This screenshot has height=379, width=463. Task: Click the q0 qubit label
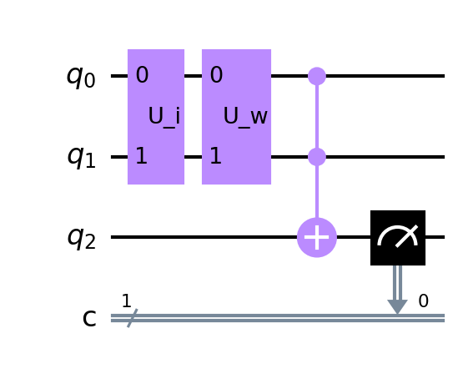[x=81, y=78]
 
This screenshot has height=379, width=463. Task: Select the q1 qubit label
[x=81, y=158]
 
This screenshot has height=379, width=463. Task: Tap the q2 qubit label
[x=81, y=239]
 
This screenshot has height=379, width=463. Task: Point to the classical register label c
[x=89, y=318]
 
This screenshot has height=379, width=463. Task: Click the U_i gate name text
[x=164, y=116]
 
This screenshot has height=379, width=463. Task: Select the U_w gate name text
[x=245, y=116]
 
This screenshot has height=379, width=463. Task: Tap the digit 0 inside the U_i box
[x=142, y=75]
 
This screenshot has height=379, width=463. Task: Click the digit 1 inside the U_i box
[x=142, y=156]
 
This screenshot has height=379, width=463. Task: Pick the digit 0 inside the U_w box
[x=216, y=75]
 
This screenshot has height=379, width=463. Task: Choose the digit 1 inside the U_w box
[x=216, y=156]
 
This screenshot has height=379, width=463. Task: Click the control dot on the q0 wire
[x=317, y=76]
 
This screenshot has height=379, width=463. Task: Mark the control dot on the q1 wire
[x=317, y=157]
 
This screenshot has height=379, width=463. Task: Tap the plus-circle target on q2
[x=317, y=238]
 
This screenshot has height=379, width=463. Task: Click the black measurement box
[x=398, y=238]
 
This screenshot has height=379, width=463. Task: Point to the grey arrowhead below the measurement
[x=397, y=307]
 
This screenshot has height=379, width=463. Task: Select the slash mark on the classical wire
[x=133, y=318]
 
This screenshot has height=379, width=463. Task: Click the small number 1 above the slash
[x=126, y=301]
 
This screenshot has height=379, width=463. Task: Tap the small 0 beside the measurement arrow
[x=424, y=301]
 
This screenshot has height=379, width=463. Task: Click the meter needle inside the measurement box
[x=407, y=235]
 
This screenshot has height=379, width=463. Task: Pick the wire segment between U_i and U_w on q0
[x=193, y=76]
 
